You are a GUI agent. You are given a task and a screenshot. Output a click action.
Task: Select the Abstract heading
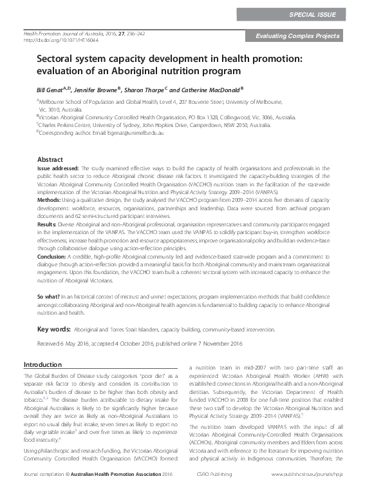[x=50, y=159]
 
